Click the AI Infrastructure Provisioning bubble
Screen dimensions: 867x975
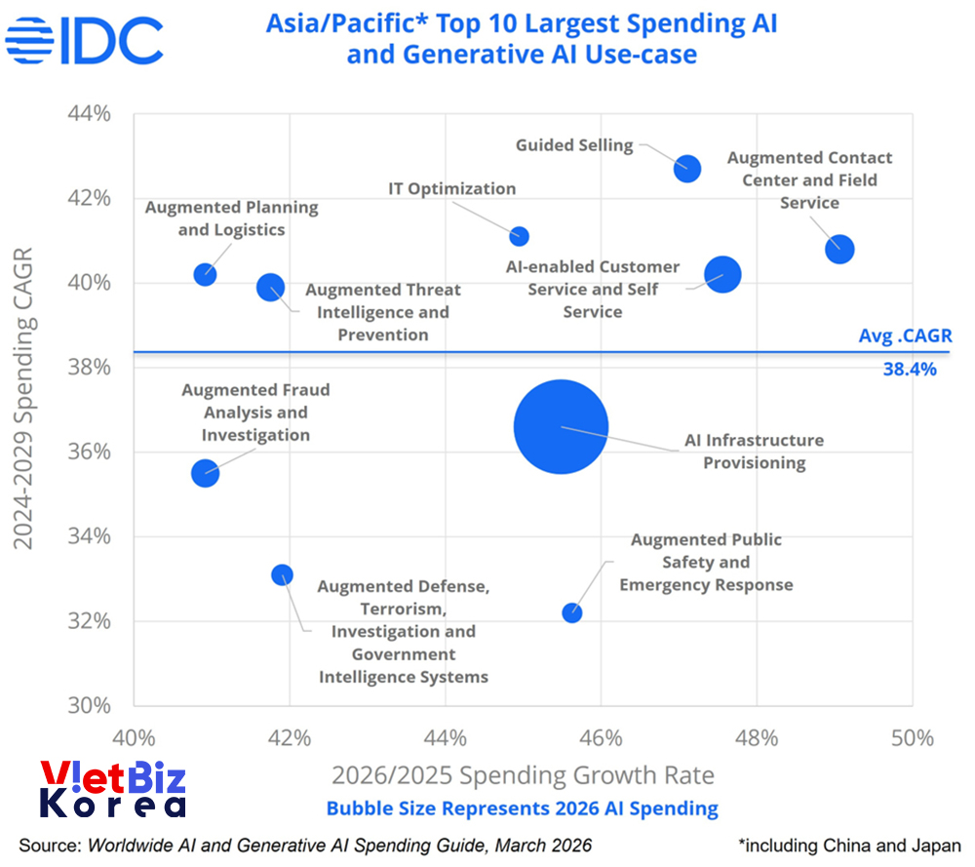click(x=561, y=427)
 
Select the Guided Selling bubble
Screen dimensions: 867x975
click(x=687, y=168)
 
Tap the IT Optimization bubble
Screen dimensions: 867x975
click(x=520, y=236)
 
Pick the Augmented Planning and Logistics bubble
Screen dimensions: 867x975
click(x=205, y=274)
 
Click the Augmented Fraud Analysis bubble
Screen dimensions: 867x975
click(x=205, y=473)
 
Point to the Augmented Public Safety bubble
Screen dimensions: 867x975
click(x=571, y=612)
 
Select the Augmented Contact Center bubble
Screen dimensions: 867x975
click(x=838, y=250)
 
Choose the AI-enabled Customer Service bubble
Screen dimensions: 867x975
click(x=722, y=275)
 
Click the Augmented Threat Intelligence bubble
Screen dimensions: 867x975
click(x=270, y=288)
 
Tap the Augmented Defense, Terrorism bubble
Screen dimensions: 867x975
click(x=282, y=575)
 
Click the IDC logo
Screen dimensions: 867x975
click(x=84, y=39)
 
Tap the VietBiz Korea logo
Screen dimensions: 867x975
click(x=112, y=789)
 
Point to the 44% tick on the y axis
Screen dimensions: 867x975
click(x=89, y=113)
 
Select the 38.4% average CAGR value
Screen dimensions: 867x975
click(x=909, y=370)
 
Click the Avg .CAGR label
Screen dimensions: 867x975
click(x=903, y=335)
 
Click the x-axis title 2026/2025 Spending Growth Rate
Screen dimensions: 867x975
click(x=523, y=775)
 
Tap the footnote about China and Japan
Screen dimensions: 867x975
click(x=849, y=845)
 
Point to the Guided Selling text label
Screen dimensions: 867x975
click(x=574, y=145)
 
